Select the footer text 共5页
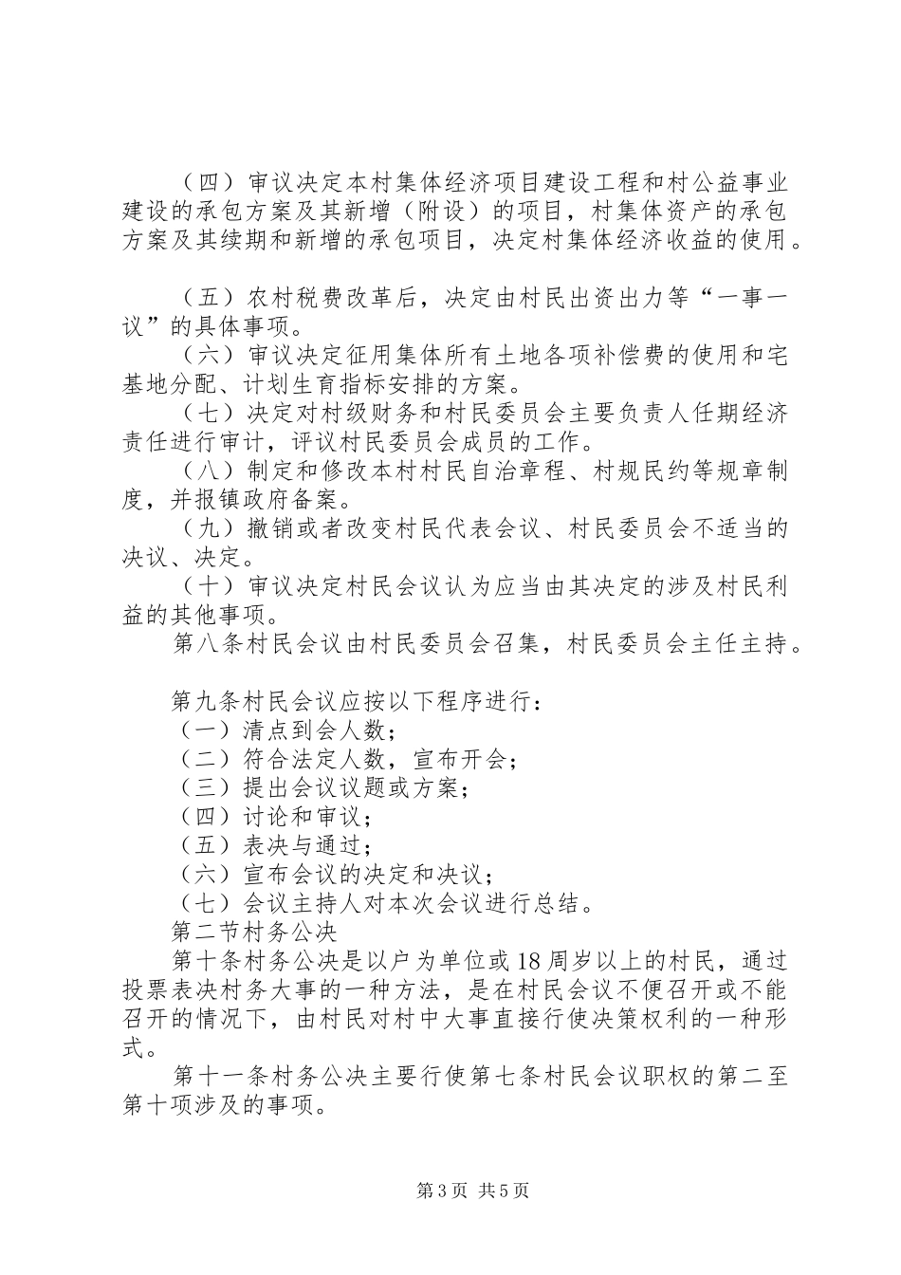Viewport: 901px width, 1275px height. (504, 1191)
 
